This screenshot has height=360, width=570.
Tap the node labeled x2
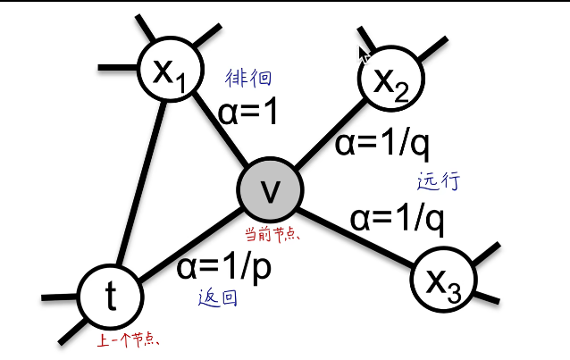click(x=390, y=80)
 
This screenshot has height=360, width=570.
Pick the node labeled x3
click(x=442, y=280)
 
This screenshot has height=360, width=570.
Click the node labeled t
click(x=110, y=297)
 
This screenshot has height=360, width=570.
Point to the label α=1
click(x=248, y=112)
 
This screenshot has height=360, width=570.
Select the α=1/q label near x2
click(x=382, y=142)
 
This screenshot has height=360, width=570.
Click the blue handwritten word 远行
click(x=439, y=181)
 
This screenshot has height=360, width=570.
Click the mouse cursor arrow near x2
click(x=364, y=55)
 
